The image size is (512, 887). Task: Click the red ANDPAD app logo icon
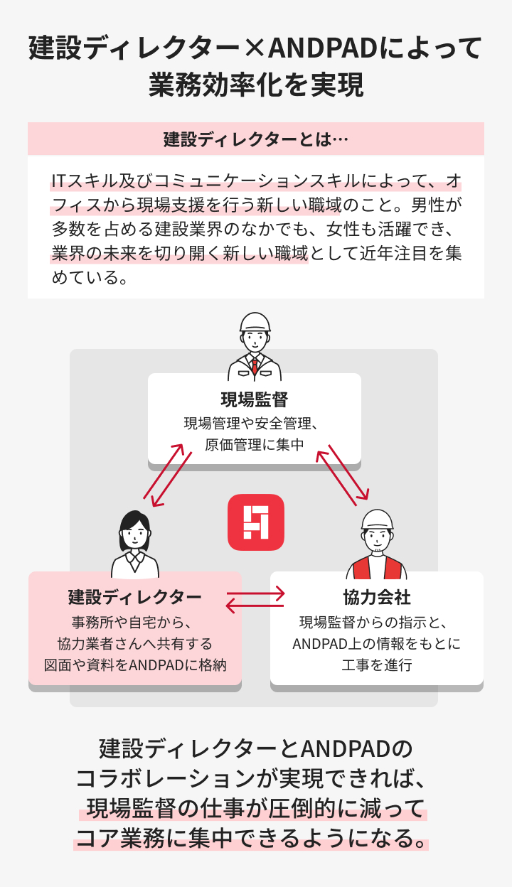tap(255, 522)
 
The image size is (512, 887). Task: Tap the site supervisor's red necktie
tap(255, 365)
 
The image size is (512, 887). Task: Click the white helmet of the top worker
tap(255, 323)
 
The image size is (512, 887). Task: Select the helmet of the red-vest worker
tap(378, 520)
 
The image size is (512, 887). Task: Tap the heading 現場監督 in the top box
tap(255, 399)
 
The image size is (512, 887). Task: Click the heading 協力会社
tap(377, 597)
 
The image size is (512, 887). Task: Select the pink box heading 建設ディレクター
tap(134, 597)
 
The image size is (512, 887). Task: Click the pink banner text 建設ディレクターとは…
tap(255, 139)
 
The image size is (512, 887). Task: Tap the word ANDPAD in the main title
tap(324, 48)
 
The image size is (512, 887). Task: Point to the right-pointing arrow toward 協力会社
tap(255, 593)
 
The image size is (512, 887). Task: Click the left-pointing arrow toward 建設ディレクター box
tap(255, 606)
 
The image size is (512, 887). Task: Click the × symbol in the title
tap(254, 48)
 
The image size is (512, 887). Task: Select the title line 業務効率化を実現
tap(256, 85)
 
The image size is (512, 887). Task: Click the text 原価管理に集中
tap(255, 445)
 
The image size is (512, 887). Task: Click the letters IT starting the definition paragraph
tap(59, 181)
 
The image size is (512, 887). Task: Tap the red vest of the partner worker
tap(377, 567)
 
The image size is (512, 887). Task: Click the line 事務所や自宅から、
tap(132, 623)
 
